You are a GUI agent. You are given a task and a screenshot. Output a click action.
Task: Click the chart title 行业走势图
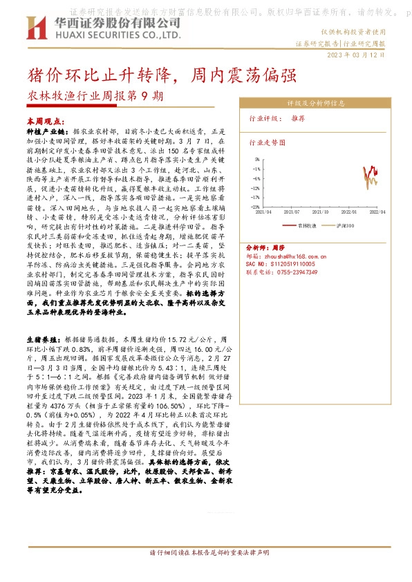(x=266, y=142)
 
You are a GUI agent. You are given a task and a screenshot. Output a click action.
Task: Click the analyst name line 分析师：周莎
(x=265, y=246)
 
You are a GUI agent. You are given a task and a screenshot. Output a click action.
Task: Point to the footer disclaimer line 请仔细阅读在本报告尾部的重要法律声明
(x=205, y=572)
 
